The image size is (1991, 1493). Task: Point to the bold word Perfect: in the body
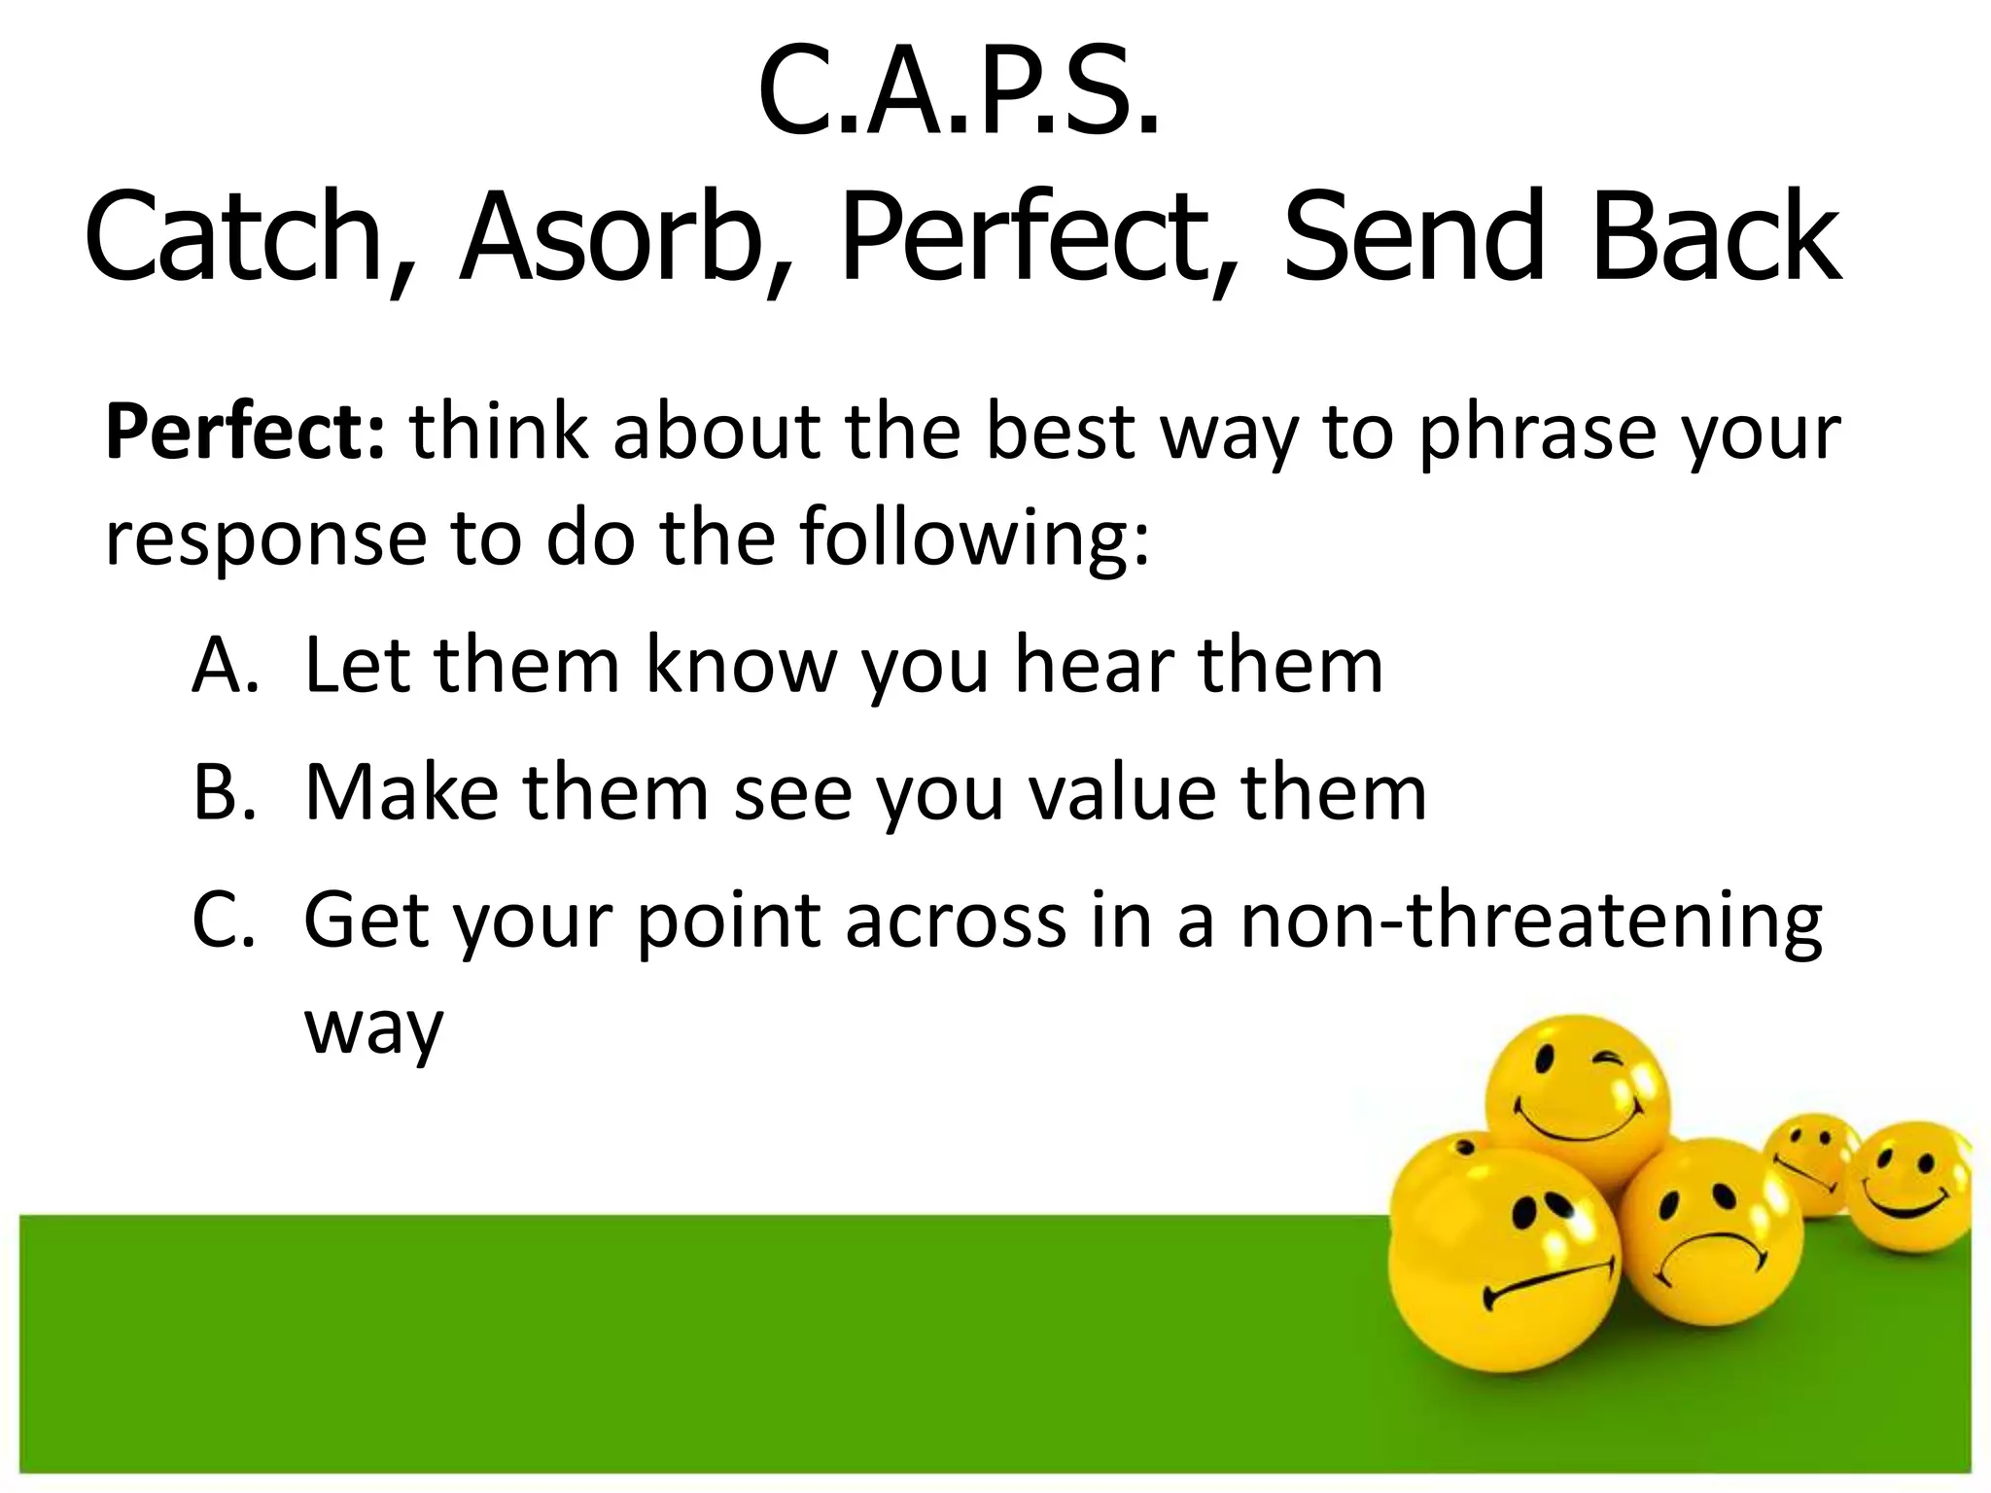[x=245, y=433]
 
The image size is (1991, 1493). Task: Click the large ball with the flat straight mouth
[x=1502, y=1264]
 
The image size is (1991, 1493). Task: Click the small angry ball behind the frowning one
[x=1810, y=1157]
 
